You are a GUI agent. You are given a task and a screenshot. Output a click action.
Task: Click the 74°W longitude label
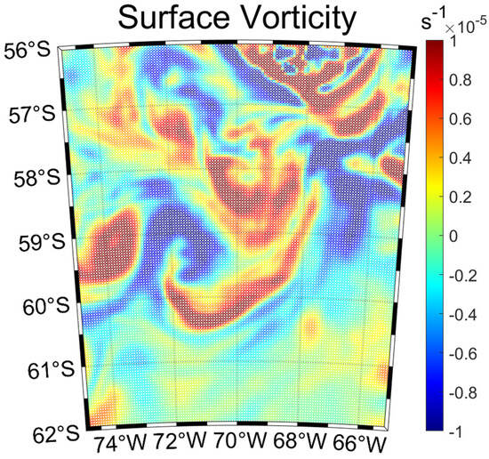(x=123, y=442)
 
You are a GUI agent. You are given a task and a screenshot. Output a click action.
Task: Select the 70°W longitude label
(x=240, y=442)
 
